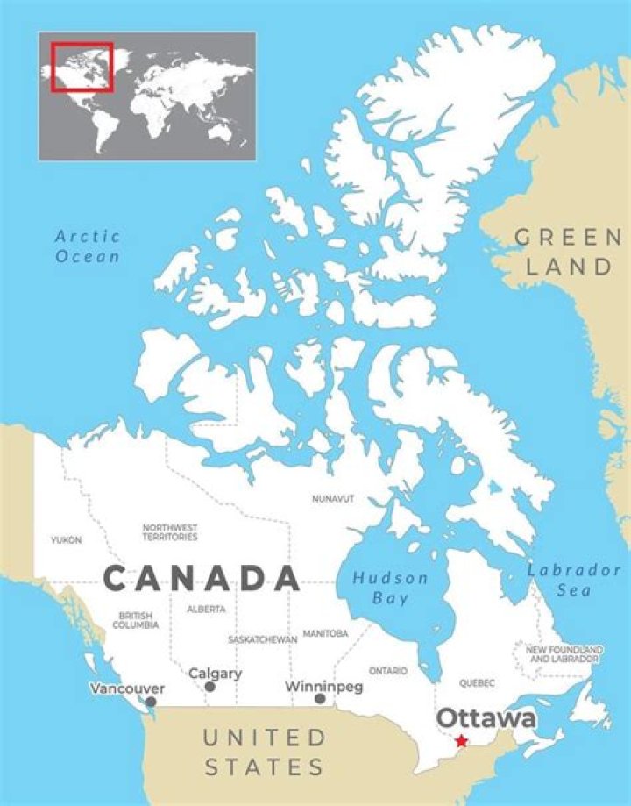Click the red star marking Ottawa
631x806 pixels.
point(462,741)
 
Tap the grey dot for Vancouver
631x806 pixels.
point(151,702)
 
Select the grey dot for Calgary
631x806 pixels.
point(209,687)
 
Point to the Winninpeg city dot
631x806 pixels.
point(320,699)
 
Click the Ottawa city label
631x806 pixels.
point(486,718)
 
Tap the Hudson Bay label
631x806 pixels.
point(390,588)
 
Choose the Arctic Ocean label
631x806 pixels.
point(88,246)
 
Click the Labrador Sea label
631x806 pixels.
point(574,580)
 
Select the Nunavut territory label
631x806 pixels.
point(333,498)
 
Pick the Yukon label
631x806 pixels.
point(66,540)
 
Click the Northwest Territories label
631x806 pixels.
point(170,531)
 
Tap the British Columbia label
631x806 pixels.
point(136,621)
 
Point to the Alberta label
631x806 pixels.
point(206,609)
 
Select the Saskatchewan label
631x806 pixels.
point(262,639)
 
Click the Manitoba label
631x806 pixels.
point(325,632)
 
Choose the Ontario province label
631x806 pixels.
point(388,671)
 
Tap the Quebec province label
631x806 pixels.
point(478,682)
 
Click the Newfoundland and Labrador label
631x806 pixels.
point(563,653)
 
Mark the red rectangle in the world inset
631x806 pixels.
point(82,66)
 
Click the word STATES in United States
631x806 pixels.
point(264,767)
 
